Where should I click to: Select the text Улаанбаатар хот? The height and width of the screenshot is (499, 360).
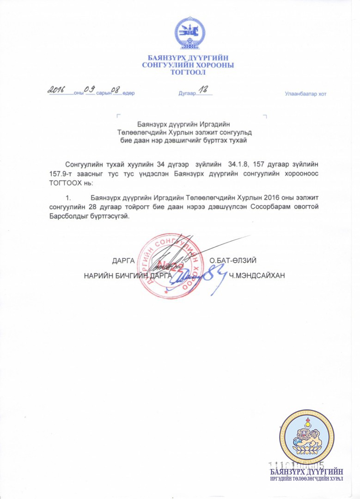(305, 94)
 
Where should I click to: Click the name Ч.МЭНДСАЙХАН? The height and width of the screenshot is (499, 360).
(257, 276)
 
